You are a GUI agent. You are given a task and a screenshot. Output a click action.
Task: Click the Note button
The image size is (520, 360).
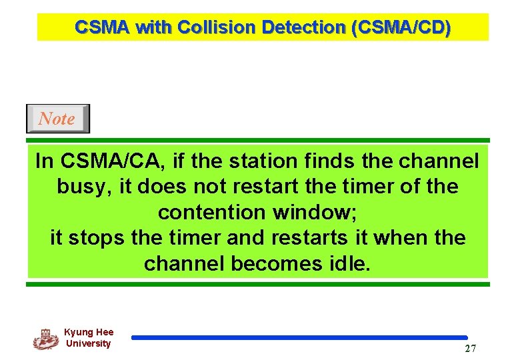(57, 119)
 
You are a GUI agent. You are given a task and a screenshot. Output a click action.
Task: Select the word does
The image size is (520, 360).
(161, 186)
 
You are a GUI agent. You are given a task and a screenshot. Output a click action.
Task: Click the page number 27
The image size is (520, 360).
(470, 349)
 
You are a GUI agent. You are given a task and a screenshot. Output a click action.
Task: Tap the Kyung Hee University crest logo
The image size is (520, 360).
(45, 339)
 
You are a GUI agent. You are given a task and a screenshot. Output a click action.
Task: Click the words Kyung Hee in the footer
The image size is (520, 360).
(89, 332)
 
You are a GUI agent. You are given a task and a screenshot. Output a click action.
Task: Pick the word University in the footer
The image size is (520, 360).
(88, 343)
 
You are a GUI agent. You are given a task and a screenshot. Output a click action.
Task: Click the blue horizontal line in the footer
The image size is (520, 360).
(299, 338)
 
